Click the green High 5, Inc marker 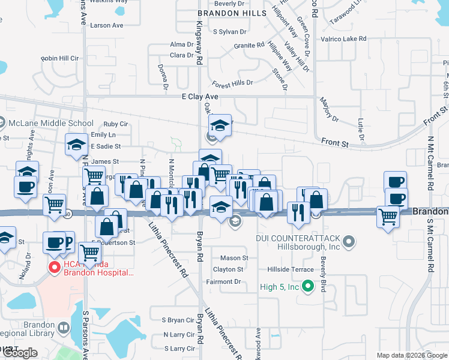(x=309, y=287)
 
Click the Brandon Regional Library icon (x=64, y=328)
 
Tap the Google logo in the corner (x=20, y=353)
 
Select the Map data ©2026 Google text (x=412, y=355)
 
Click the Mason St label (x=234, y=258)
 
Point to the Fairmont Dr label (x=223, y=281)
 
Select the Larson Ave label (x=106, y=26)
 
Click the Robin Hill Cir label (x=60, y=59)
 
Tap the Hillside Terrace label (x=294, y=269)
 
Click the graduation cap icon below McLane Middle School (x=76, y=145)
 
